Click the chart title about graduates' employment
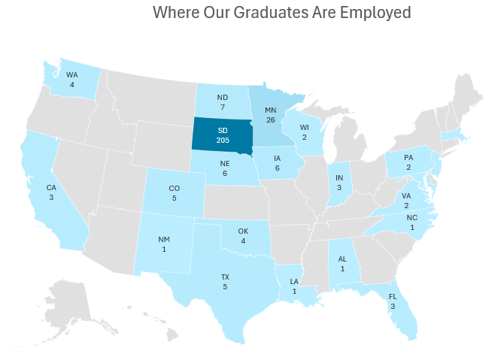(x=282, y=13)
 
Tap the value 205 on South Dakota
(x=222, y=141)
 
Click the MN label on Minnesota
(x=271, y=110)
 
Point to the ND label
(x=223, y=98)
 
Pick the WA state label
(x=71, y=75)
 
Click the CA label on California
(x=51, y=187)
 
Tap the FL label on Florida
(x=393, y=296)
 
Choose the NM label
(x=164, y=240)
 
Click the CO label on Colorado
(x=175, y=189)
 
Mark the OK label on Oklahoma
(x=243, y=231)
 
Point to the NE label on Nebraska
(x=224, y=163)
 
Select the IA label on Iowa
(x=278, y=159)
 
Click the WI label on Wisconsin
(x=305, y=127)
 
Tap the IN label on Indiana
(x=339, y=178)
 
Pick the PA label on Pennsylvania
(x=408, y=158)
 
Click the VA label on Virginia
(x=406, y=195)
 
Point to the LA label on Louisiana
(x=295, y=282)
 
